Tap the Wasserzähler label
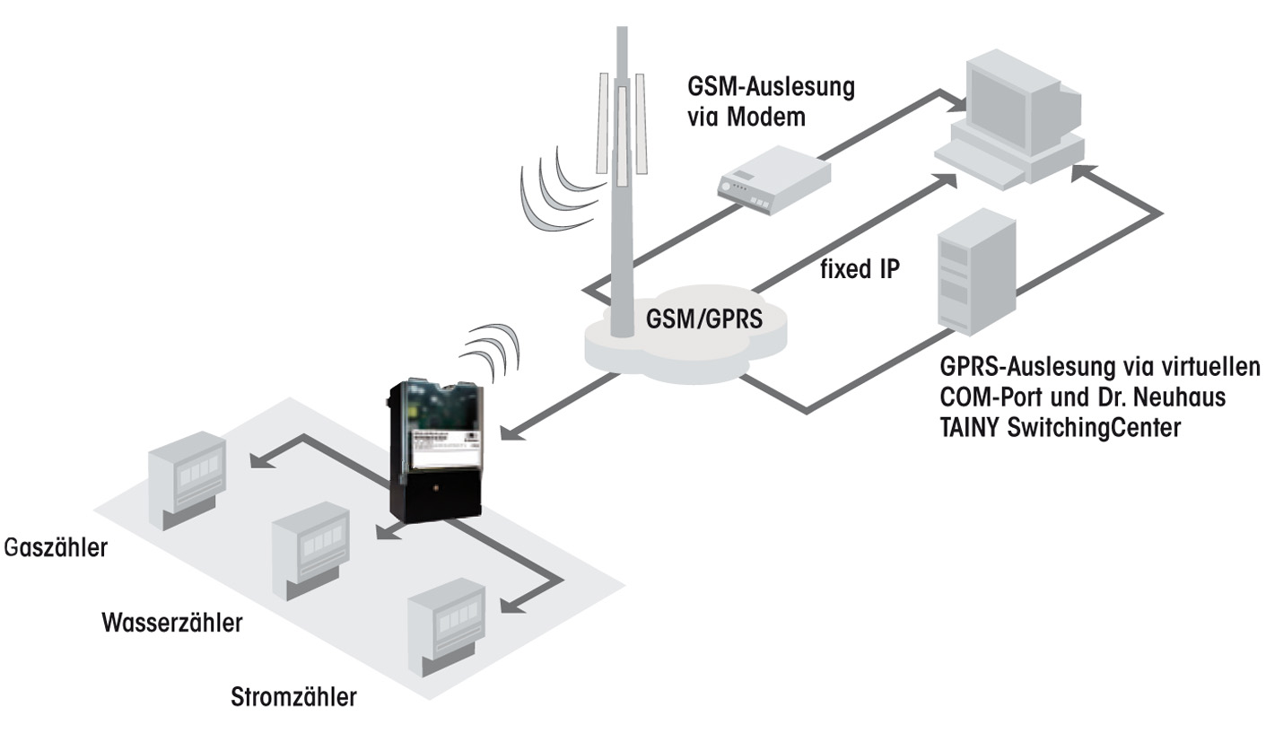(x=171, y=623)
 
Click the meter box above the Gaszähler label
(x=189, y=476)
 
